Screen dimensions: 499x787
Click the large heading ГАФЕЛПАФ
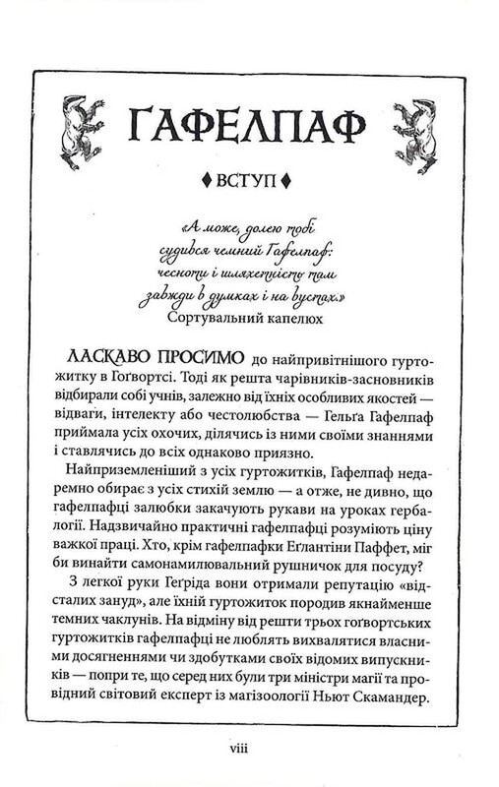pos(249,125)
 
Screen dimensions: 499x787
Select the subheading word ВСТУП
pos(250,181)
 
